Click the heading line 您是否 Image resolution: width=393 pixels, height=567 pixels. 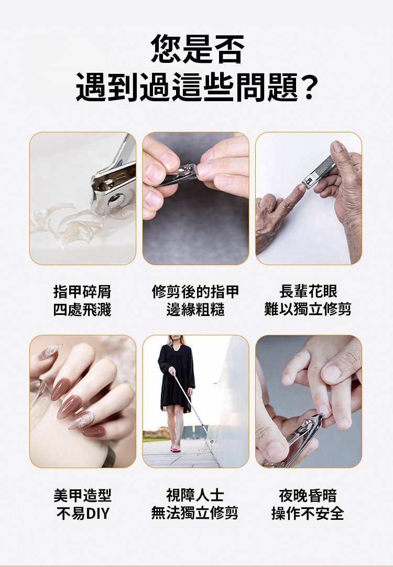197,49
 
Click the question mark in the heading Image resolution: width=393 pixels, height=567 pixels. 309,88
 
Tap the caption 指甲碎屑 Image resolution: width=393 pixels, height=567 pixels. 82,291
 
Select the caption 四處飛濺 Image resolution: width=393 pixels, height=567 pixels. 82,310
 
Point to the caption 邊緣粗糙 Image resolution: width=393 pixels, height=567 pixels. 195,310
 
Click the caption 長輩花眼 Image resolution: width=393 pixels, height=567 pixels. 309,291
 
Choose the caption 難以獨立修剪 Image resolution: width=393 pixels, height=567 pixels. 308,310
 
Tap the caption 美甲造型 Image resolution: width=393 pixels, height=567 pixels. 82,495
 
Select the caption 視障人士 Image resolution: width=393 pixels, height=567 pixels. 195,495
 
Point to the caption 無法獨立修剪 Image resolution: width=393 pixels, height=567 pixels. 195,513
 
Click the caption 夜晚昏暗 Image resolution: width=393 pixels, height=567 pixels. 308,495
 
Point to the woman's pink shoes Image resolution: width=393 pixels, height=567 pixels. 176,449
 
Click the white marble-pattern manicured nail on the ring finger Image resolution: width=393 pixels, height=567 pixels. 81,420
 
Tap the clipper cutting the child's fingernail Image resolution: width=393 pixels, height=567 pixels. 300,439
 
